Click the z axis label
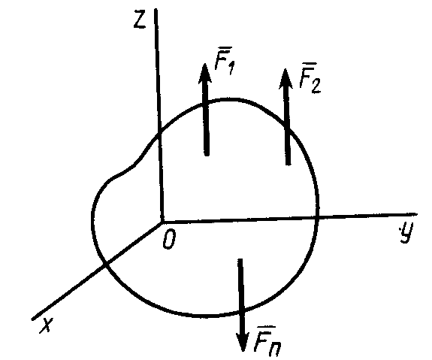140,20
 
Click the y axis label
406,232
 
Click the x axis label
46,325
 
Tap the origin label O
169,239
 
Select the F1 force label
225,64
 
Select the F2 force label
310,82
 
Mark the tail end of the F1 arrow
207,155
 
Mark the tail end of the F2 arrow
289,164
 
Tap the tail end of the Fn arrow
240,259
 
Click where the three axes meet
162,221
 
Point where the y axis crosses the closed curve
318,218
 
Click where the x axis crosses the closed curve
105,265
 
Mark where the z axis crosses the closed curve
159,135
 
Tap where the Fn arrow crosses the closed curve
242,312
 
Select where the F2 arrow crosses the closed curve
287,124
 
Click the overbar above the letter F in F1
222,55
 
